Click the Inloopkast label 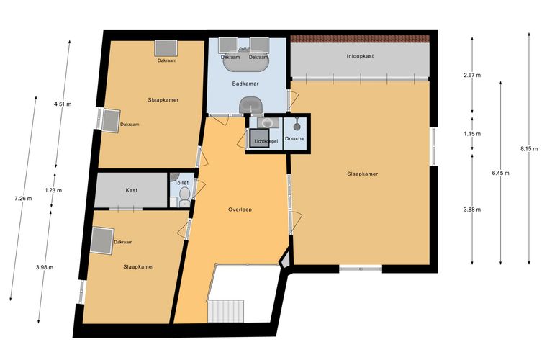pyautogui.click(x=360, y=56)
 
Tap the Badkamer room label pyautogui.click(x=245, y=84)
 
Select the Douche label pyautogui.click(x=295, y=138)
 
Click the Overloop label pyautogui.click(x=240, y=210)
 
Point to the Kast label pyautogui.click(x=132, y=190)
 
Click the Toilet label pyautogui.click(x=181, y=183)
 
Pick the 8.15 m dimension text pyautogui.click(x=529, y=148)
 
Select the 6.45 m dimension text pyautogui.click(x=501, y=173)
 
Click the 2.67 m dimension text pyautogui.click(x=472, y=75)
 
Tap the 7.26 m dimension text pyautogui.click(x=23, y=199)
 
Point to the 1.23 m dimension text pyautogui.click(x=53, y=190)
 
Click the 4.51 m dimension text pyautogui.click(x=63, y=104)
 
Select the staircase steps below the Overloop pyautogui.click(x=226, y=311)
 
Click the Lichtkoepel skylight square pyautogui.click(x=259, y=138)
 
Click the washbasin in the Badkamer pyautogui.click(x=251, y=104)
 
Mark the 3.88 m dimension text pyautogui.click(x=472, y=210)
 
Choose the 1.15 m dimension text pyautogui.click(x=472, y=134)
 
